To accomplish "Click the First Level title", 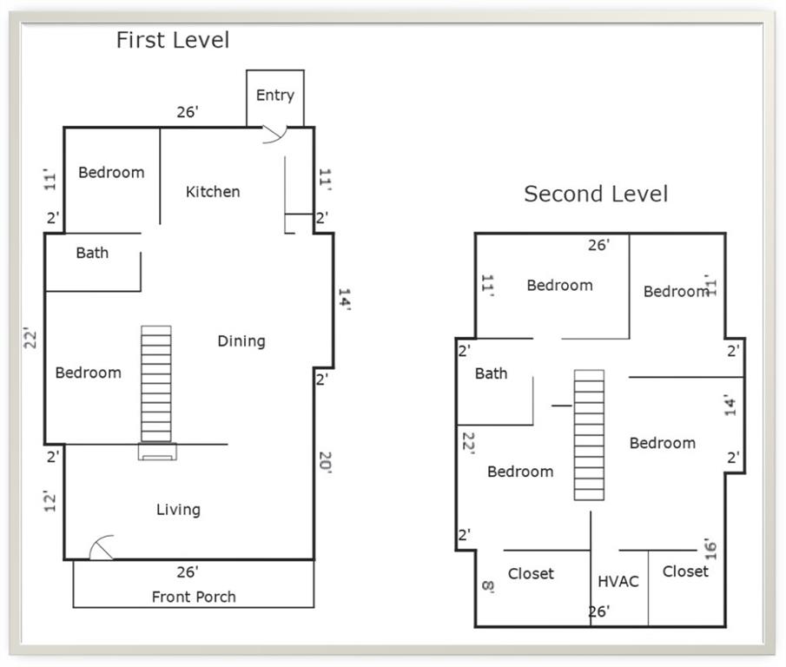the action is coord(173,40).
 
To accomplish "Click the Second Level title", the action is coord(596,194).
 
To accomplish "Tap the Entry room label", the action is coord(274,96).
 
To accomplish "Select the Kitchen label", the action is coord(213,191).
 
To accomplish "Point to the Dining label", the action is coord(241,341).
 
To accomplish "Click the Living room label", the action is coord(178,510).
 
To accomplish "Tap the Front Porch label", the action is coord(194,597).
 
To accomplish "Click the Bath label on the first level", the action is coord(92,253).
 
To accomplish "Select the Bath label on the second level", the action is coord(491,373).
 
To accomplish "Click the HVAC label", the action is coord(618,581).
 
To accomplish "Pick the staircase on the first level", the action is coord(155,384).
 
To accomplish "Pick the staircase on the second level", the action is coord(589,435).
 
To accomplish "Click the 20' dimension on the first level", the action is coord(326,461).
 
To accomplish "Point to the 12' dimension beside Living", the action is coord(50,500).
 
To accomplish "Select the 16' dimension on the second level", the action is coord(710,549).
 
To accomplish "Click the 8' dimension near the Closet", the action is coord(488,586).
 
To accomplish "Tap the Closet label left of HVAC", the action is coord(531,573).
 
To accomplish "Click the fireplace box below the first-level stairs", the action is coord(157,452).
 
